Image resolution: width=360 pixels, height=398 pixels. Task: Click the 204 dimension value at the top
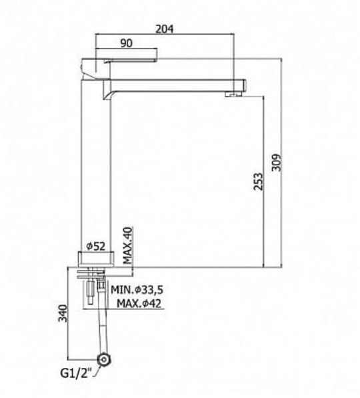tap(165, 29)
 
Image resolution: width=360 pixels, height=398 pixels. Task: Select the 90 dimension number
tap(126, 43)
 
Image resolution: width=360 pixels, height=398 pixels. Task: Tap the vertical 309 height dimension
tap(277, 163)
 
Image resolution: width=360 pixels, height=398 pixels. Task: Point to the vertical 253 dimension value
tap(258, 181)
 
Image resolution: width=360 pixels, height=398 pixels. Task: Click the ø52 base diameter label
tap(95, 246)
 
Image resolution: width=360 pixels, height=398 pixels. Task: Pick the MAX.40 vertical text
tap(128, 245)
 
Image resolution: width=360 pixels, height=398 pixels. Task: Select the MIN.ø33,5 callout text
tap(137, 289)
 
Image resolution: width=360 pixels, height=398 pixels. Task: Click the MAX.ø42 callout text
tap(139, 303)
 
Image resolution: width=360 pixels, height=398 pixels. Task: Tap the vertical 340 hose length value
tap(63, 313)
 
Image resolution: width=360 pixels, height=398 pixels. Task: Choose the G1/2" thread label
tap(75, 373)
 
